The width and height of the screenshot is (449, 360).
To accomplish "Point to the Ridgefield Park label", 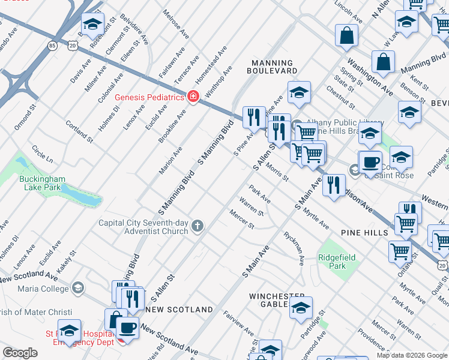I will [337, 262].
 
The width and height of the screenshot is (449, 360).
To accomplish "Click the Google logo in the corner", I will [20, 352].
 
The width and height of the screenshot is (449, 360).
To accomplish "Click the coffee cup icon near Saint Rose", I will [371, 161].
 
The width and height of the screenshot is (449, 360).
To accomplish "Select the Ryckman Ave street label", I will [294, 248].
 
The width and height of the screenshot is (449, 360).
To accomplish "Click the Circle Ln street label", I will [43, 154].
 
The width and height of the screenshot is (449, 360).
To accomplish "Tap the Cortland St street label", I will [79, 131].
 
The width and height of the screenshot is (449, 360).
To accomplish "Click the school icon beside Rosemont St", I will [92, 24].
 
